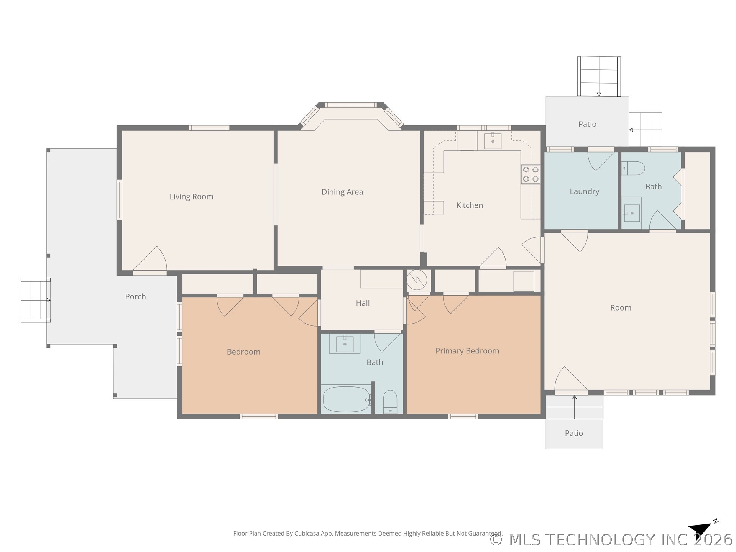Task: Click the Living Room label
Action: click(x=191, y=197)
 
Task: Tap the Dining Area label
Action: click(x=342, y=192)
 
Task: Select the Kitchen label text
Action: click(x=470, y=205)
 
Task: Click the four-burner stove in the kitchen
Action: click(x=531, y=174)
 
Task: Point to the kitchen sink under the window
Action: click(x=493, y=141)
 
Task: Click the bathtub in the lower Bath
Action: click(x=347, y=399)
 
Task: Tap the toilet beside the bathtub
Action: click(x=390, y=402)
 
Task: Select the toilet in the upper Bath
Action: click(x=633, y=168)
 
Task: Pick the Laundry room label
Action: click(x=584, y=191)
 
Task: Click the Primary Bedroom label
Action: click(x=467, y=351)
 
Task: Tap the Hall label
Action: click(x=363, y=303)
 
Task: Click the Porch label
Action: click(x=135, y=296)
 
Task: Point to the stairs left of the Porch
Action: click(x=36, y=300)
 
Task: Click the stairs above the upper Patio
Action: click(x=599, y=76)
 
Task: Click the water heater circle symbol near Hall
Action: click(x=417, y=280)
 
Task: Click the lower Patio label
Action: click(x=574, y=433)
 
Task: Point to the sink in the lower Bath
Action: click(x=345, y=344)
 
